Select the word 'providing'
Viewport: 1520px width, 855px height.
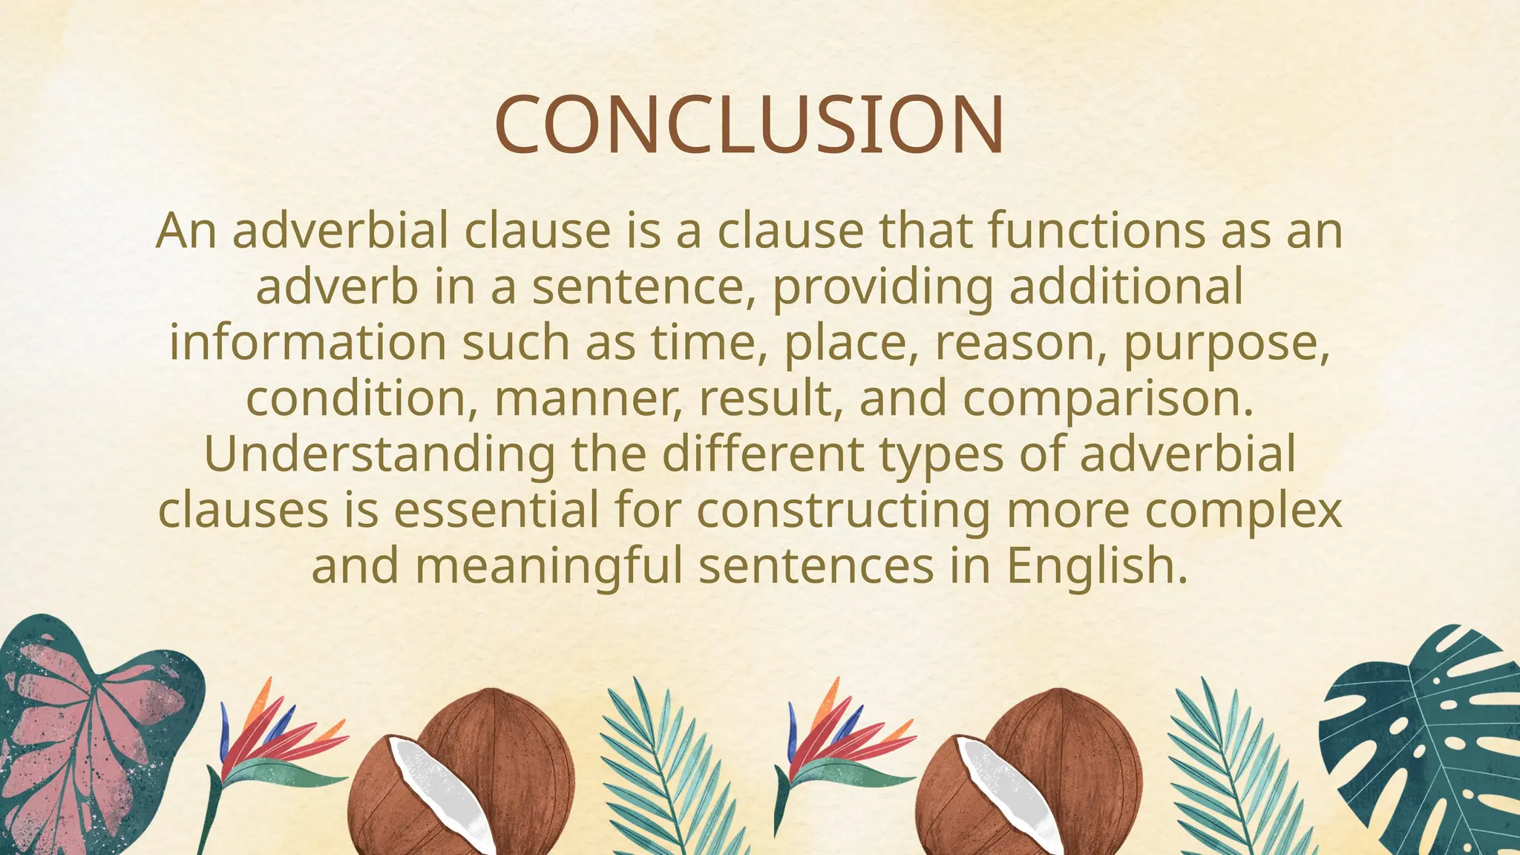point(882,288)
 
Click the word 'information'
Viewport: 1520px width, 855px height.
point(307,342)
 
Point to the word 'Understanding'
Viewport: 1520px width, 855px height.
point(379,454)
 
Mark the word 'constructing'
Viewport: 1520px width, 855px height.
point(843,511)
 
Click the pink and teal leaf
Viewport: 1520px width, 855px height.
point(82,727)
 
